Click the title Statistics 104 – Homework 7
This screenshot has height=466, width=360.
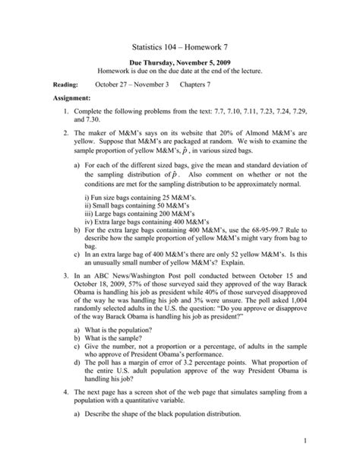tap(180, 47)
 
